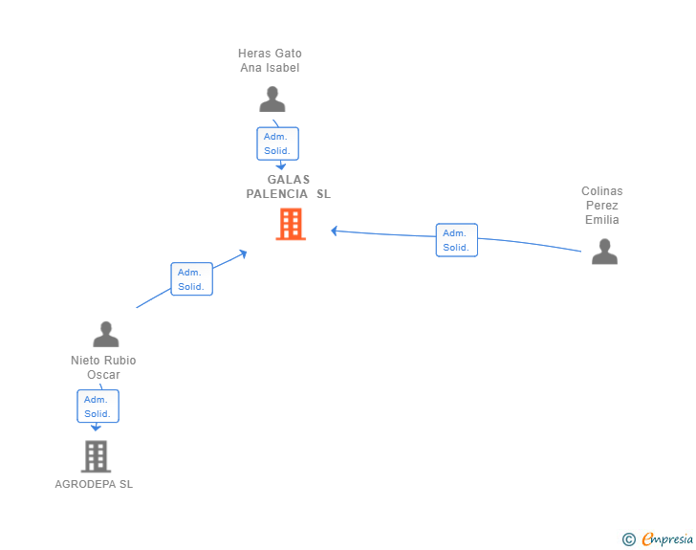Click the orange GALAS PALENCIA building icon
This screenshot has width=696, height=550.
(291, 225)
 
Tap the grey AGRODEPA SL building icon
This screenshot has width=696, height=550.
(96, 456)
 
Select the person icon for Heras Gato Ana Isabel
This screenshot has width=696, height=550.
(272, 99)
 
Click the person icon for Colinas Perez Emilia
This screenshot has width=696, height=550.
(604, 252)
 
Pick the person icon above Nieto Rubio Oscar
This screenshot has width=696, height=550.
(106, 334)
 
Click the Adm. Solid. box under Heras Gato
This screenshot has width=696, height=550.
(278, 143)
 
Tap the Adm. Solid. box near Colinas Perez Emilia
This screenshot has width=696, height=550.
(457, 240)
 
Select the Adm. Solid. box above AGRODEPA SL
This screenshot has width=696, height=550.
(98, 407)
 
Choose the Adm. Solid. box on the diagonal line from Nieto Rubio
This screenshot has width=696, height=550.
(192, 279)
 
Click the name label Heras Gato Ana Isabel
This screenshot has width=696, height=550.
(270, 60)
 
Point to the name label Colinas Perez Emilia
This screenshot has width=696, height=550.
(602, 206)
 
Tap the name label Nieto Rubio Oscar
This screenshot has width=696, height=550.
(103, 367)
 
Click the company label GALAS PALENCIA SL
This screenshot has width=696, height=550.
(289, 187)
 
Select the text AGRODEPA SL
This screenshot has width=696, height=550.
(94, 484)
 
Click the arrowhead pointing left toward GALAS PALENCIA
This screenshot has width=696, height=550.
(335, 231)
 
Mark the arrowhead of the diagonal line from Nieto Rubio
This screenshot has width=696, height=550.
(243, 253)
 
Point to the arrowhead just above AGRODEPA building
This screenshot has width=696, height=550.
(96, 428)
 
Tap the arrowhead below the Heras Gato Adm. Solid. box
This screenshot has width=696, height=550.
(281, 166)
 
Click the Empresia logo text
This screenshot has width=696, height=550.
(667, 539)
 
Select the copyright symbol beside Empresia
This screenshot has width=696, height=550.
(629, 539)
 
